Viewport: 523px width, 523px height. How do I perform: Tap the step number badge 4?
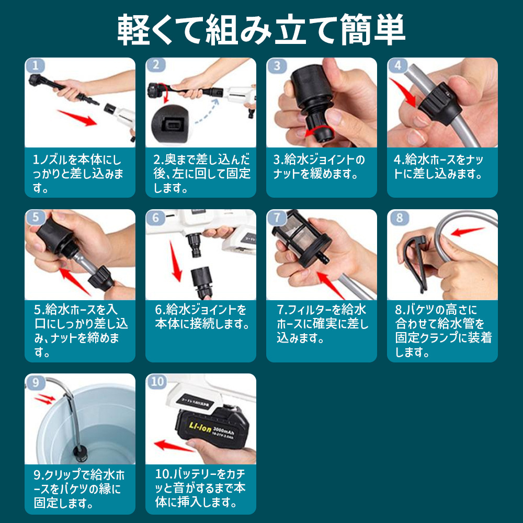point(397,65)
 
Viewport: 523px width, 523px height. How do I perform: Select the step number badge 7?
point(277,218)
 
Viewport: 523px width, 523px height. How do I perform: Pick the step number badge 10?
point(156,382)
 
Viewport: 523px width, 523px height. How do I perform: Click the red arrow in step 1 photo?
point(77,118)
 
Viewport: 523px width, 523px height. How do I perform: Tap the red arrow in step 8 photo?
point(467,231)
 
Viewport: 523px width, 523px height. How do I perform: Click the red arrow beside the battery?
point(174,446)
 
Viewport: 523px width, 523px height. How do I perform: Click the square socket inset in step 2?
point(171,124)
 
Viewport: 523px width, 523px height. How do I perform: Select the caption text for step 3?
point(319,166)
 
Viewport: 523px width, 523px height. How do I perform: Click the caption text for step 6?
point(202,316)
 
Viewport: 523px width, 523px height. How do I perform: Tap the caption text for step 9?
point(79,488)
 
